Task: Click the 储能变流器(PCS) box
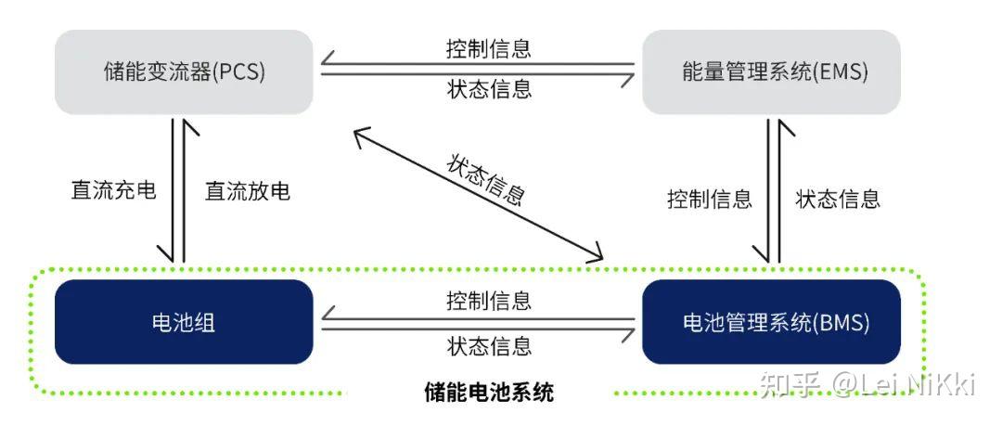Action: (184, 72)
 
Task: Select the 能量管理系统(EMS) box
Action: (771, 72)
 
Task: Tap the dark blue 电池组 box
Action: (184, 322)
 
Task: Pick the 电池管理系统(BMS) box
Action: (771, 322)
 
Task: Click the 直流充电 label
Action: (113, 191)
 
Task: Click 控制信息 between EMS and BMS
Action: (709, 199)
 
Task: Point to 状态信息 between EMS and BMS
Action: (838, 199)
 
